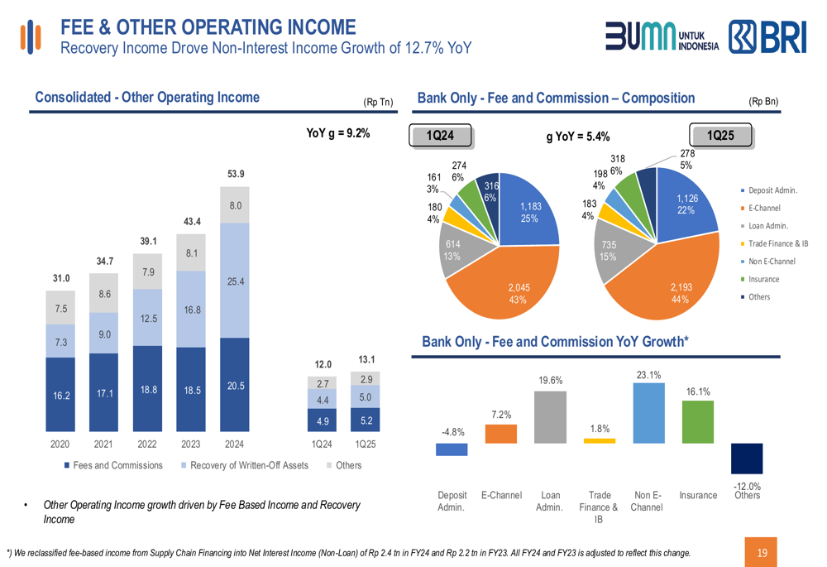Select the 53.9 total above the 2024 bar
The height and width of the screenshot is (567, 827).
click(236, 174)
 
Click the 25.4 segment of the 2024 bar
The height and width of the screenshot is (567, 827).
click(235, 281)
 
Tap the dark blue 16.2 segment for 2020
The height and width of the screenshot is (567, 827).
click(60, 396)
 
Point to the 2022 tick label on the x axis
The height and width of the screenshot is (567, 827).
click(147, 444)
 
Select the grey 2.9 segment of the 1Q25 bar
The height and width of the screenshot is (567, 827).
click(366, 378)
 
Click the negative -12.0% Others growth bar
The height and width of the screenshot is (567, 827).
click(747, 458)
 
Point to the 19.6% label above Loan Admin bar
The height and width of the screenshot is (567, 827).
click(550, 381)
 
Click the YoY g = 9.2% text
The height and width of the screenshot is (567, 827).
click(338, 133)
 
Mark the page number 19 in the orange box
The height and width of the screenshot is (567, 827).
click(762, 552)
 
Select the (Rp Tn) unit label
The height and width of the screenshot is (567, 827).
click(378, 103)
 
